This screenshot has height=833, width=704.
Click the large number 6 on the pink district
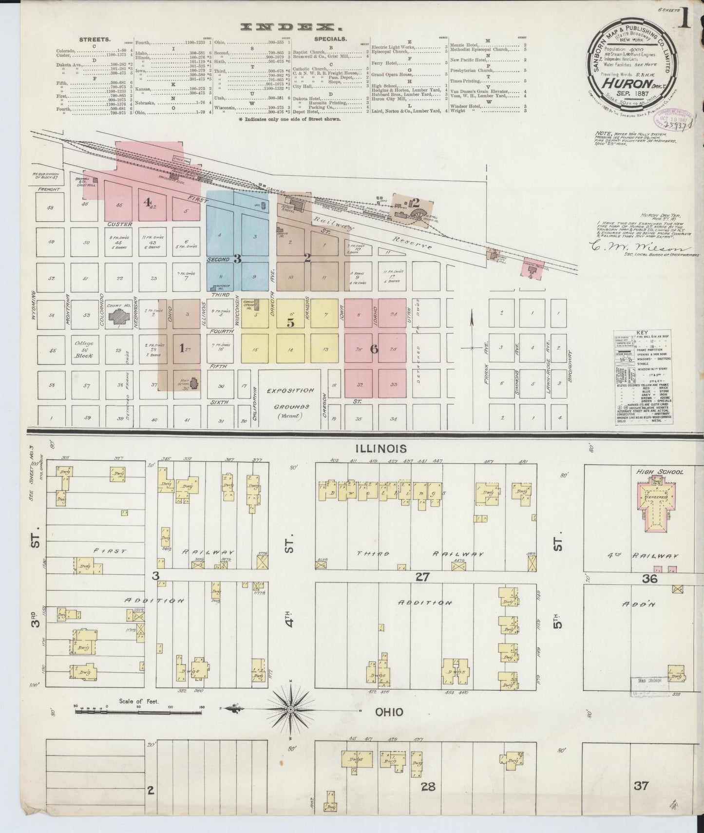pyautogui.click(x=374, y=349)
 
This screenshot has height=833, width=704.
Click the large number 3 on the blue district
pyautogui.click(x=237, y=259)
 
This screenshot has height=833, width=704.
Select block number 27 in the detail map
pyautogui.click(x=422, y=577)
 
